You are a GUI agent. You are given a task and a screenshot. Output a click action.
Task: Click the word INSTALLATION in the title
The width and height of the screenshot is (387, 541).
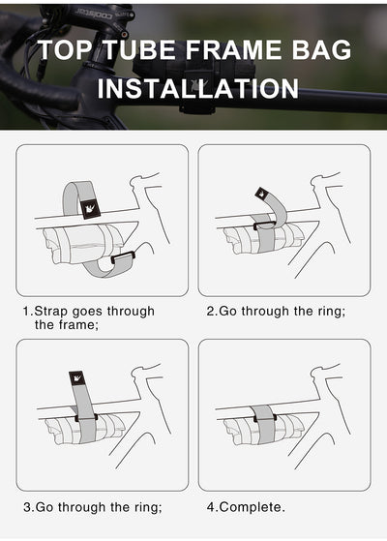click(x=198, y=89)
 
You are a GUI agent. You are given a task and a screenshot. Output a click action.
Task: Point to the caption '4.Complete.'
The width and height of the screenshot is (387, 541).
click(x=246, y=506)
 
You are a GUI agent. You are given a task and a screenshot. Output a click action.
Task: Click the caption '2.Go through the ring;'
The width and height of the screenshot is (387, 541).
click(x=276, y=312)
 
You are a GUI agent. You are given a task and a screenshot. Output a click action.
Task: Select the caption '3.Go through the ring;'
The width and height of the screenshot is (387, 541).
click(x=92, y=506)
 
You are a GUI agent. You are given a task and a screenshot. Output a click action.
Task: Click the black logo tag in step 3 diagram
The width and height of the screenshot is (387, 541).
click(x=77, y=379)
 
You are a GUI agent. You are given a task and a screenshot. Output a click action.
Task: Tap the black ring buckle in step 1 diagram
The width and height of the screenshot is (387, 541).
click(x=122, y=258)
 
